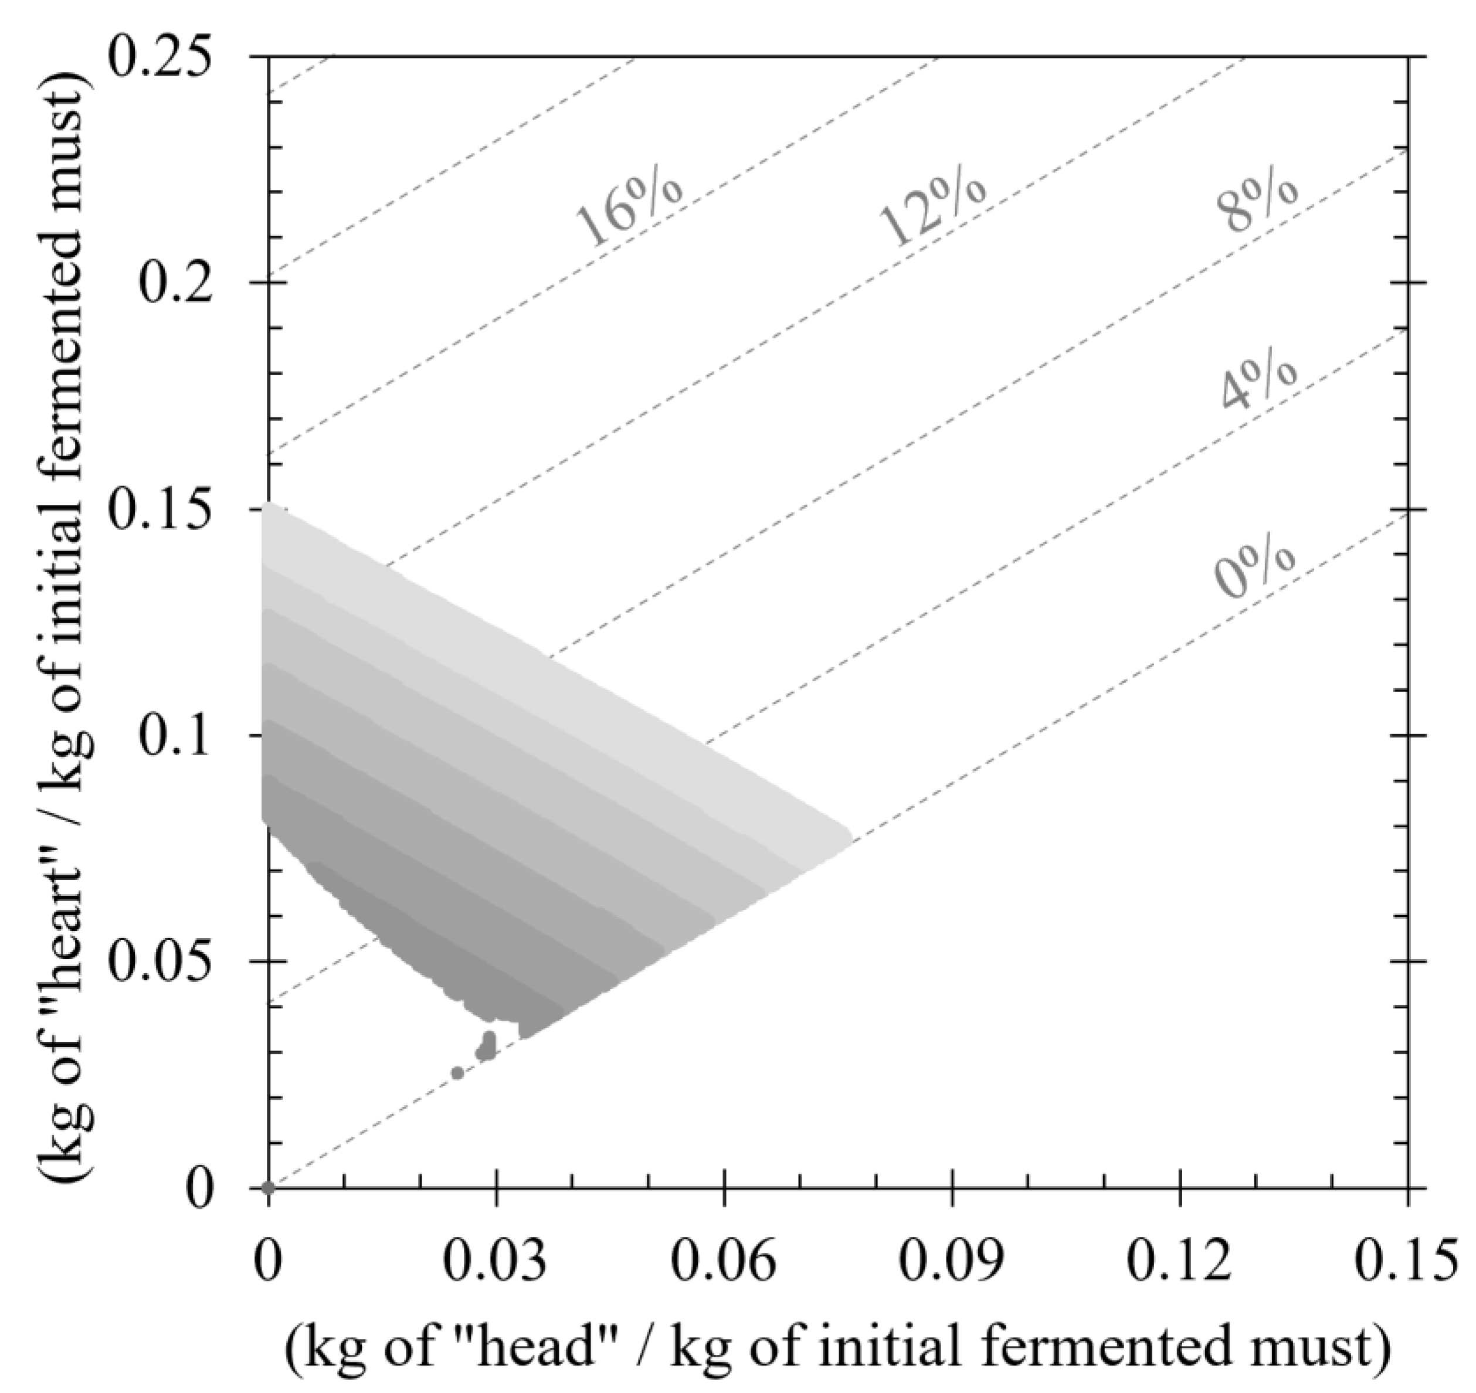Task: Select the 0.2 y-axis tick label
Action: [175, 284]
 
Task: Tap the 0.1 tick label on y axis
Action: [175, 736]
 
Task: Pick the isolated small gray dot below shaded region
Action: [457, 1073]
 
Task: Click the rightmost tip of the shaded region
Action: [850, 834]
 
